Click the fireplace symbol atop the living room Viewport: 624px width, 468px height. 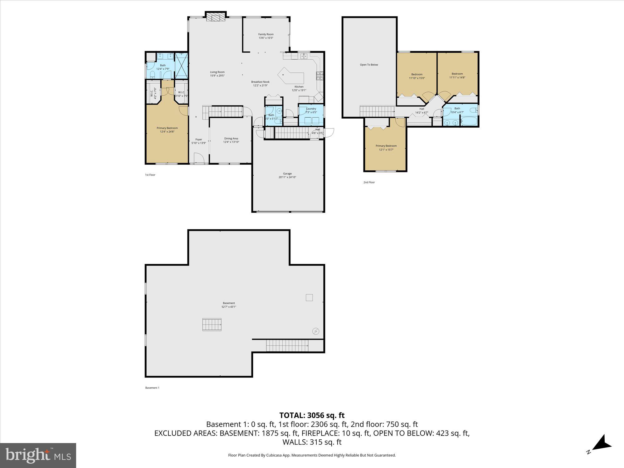216,17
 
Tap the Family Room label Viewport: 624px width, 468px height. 266,34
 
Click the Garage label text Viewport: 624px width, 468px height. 287,173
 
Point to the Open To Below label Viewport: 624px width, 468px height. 369,65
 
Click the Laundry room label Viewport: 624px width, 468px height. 311,109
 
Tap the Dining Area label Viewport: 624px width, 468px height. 231,139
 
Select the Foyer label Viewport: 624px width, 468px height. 199,139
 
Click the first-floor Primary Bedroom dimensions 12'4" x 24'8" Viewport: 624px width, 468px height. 167,132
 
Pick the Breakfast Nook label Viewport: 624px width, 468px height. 260,82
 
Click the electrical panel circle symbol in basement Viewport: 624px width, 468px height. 316,331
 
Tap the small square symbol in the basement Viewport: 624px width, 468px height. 309,297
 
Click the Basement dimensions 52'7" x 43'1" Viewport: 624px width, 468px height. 229,307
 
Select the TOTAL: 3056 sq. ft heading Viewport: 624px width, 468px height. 312,415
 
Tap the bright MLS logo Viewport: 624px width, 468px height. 38,456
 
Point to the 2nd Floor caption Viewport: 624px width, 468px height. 369,182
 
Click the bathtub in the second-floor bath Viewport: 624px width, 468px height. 469,121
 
